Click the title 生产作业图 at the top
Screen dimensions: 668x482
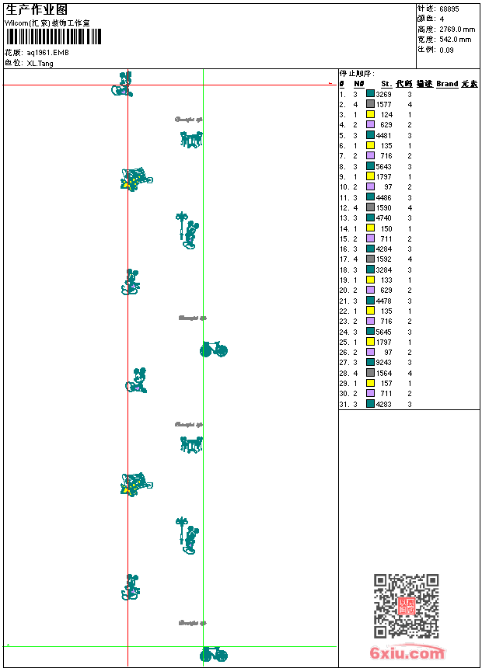pyautogui.click(x=37, y=9)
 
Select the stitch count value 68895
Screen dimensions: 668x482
pyautogui.click(x=449, y=9)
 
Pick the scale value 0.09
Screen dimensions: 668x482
pyautogui.click(x=446, y=49)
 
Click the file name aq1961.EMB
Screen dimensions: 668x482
pyautogui.click(x=48, y=52)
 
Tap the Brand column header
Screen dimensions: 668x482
pyautogui.click(x=447, y=84)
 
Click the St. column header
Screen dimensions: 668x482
pyautogui.click(x=386, y=84)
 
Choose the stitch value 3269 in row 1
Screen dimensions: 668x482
pyautogui.click(x=384, y=94)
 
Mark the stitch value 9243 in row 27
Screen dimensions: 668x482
pyautogui.click(x=384, y=363)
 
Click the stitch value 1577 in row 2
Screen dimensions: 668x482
pyautogui.click(x=384, y=104)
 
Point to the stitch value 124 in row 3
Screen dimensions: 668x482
pyautogui.click(x=386, y=115)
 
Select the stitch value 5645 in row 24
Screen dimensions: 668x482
pyautogui.click(x=384, y=332)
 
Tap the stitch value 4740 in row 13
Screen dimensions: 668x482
pyautogui.click(x=384, y=218)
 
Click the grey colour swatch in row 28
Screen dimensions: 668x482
pyautogui.click(x=370, y=373)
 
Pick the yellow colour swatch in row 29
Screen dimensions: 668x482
pyautogui.click(x=370, y=384)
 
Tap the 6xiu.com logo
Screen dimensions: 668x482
pyautogui.click(x=407, y=654)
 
